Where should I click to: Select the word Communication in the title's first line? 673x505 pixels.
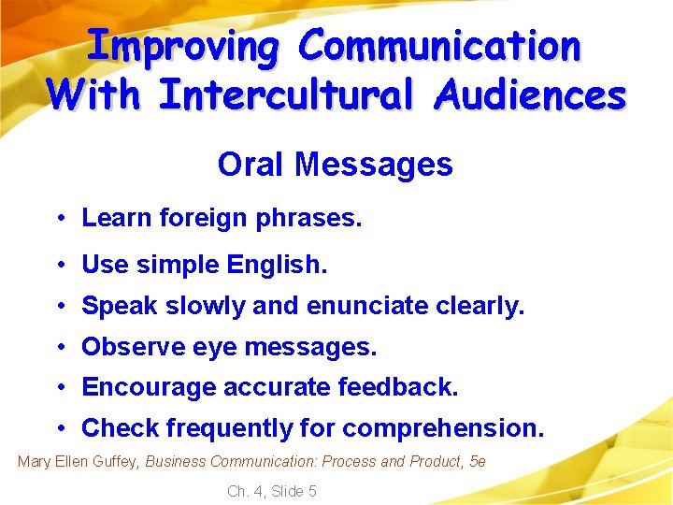point(442,46)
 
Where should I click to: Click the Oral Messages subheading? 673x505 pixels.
point(335,165)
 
